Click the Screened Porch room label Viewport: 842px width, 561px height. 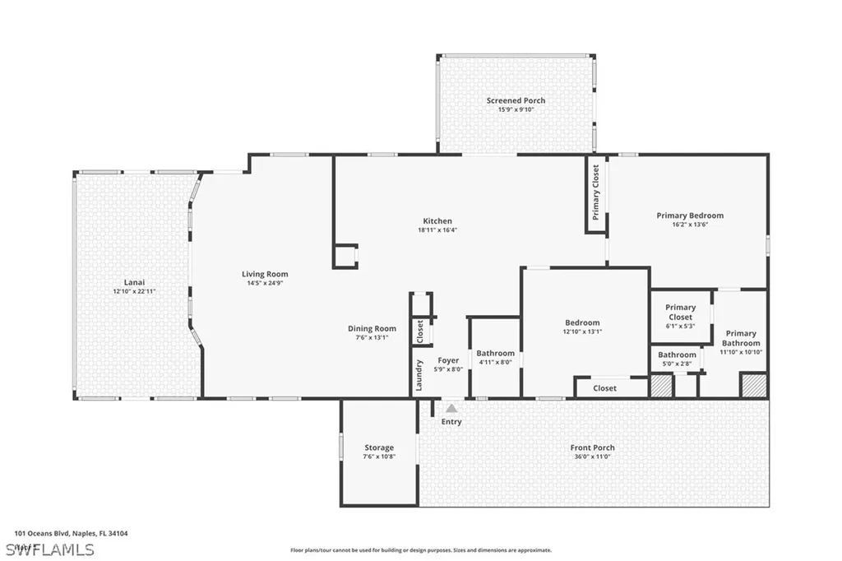click(516, 100)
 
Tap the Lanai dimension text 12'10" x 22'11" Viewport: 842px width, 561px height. click(135, 291)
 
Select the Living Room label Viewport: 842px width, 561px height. click(265, 274)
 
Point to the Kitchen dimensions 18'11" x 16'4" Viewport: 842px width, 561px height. click(437, 230)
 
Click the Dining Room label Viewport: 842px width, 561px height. click(372, 328)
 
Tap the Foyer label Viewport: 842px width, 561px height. click(448, 360)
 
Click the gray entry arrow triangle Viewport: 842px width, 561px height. click(451, 407)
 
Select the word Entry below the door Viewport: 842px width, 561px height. click(451, 422)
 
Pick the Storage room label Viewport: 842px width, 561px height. click(379, 447)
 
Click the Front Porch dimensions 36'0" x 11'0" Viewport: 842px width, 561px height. click(592, 457)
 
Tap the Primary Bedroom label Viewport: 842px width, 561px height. click(690, 216)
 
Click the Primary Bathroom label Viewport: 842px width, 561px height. click(741, 338)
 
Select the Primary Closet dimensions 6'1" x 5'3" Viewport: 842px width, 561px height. click(680, 326)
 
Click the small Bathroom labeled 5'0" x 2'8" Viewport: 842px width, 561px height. click(677, 355)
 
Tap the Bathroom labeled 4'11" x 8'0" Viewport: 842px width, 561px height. click(495, 354)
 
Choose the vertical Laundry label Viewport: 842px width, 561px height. click(419, 375)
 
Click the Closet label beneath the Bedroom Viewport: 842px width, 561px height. click(604, 388)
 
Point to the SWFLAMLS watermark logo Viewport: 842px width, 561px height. click(49, 549)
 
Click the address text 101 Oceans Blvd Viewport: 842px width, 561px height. click(43, 533)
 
